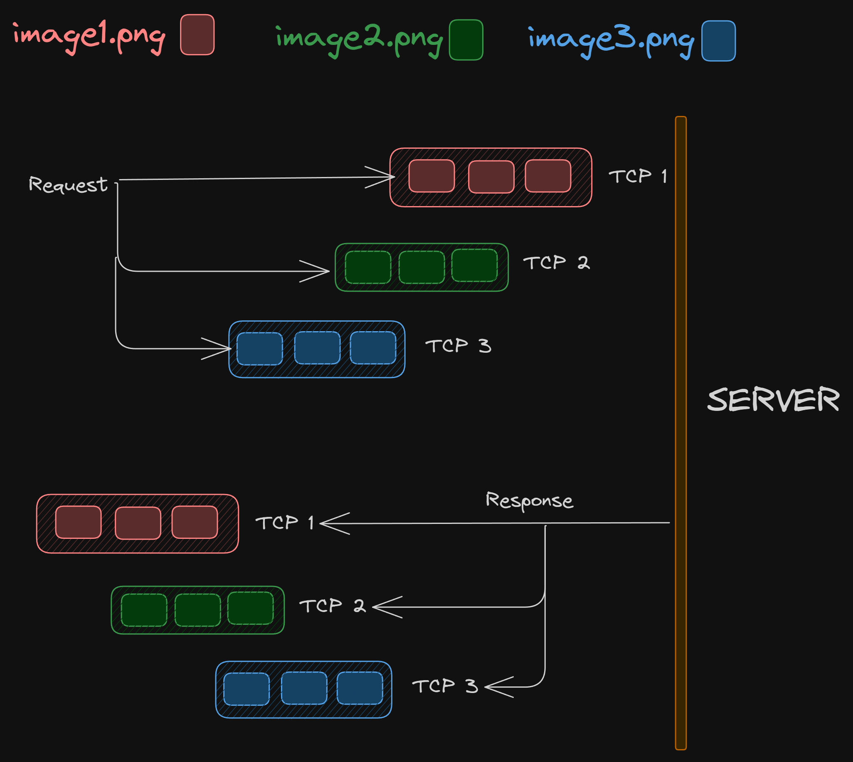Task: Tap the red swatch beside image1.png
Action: [197, 35]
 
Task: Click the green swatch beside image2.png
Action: [466, 40]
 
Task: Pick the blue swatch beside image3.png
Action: [718, 41]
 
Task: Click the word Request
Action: [68, 184]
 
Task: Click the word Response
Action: [529, 500]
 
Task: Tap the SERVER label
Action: [773, 399]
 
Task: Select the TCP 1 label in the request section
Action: [638, 176]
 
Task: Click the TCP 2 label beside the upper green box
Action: [556, 263]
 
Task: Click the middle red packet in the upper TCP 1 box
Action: [491, 177]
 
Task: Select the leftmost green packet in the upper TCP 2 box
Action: [368, 268]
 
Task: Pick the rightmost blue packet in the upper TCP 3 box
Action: [373, 348]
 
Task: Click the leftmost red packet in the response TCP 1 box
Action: [78, 522]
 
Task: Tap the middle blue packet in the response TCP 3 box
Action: [304, 688]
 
